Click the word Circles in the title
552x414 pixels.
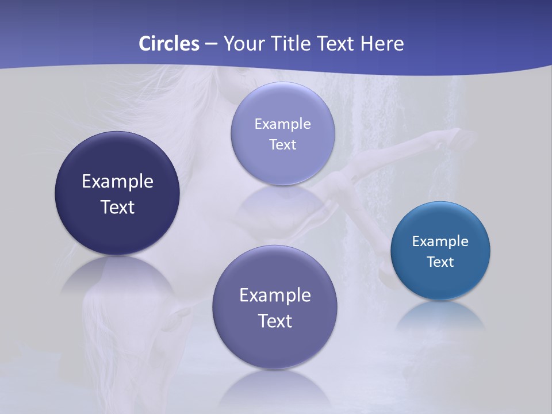168,44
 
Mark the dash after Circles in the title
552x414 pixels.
211,44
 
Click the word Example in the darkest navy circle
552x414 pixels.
117,181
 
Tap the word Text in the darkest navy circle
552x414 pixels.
117,207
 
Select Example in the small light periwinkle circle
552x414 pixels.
282,124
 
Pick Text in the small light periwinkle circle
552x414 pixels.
282,144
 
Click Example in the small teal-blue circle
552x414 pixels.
440,241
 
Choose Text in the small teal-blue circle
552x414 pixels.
440,262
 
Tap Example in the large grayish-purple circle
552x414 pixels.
275,295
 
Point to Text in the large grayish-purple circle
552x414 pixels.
275,321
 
